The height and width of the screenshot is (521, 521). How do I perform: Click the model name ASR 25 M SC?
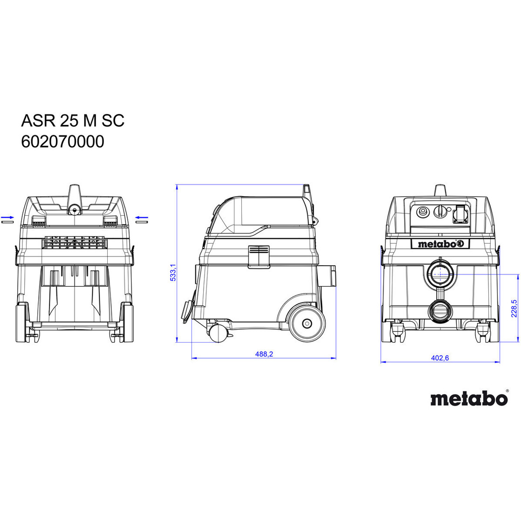click(x=73, y=120)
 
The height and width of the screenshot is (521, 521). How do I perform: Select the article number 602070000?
click(x=63, y=142)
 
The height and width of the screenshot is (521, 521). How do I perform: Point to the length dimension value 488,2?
click(x=264, y=354)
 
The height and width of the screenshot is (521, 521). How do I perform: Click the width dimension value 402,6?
click(x=440, y=358)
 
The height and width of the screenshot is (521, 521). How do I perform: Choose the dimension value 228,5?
click(x=514, y=308)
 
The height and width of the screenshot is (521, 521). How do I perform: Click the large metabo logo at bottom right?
click(x=469, y=398)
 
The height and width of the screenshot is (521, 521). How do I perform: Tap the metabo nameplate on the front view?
click(x=440, y=244)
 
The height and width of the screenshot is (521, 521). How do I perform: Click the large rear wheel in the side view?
click(x=307, y=323)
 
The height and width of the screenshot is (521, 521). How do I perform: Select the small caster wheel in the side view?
click(x=218, y=333)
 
